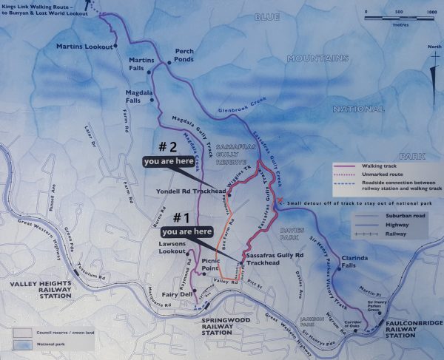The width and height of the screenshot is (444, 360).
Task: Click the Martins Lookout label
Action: click(x=84, y=47)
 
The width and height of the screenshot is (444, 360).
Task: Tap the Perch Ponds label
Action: click(x=184, y=55)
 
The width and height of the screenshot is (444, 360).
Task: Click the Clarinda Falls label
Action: click(x=359, y=261)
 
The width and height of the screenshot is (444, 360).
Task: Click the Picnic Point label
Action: click(x=215, y=265)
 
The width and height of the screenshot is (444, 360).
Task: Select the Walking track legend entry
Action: click(x=380, y=168)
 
